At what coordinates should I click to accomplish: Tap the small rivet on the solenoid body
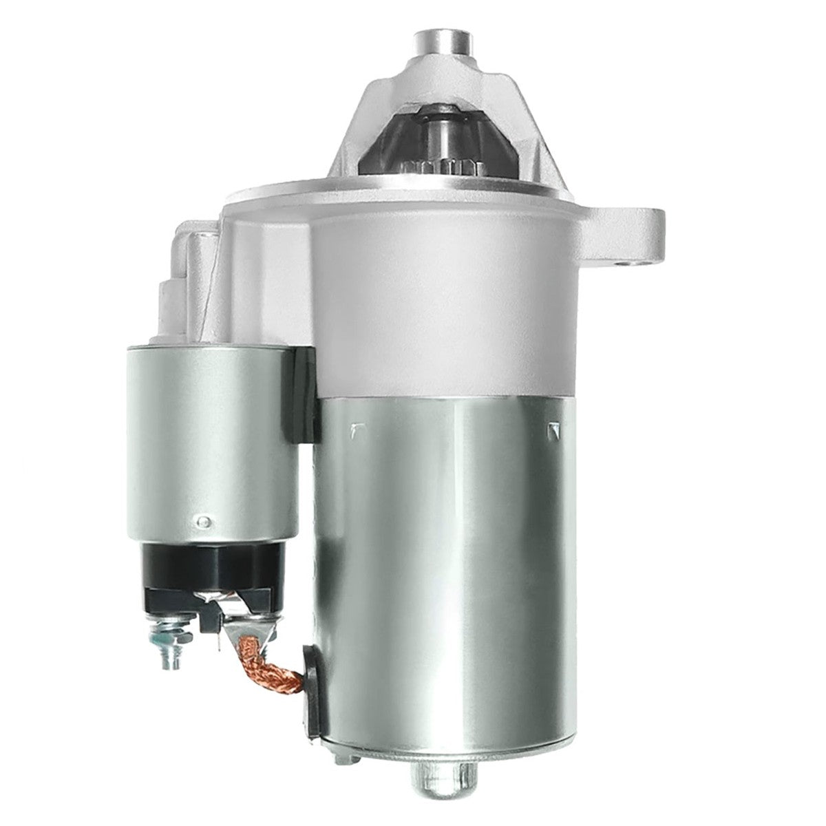(x=201, y=521)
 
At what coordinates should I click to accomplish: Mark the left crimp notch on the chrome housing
(x=356, y=430)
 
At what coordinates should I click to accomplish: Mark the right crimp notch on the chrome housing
(x=551, y=430)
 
